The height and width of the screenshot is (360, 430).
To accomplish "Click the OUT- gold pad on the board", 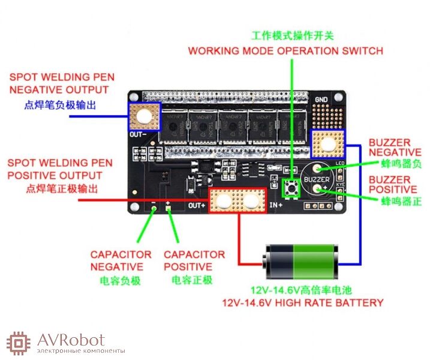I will coord(145,116).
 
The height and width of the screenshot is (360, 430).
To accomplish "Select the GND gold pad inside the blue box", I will coord(328,145).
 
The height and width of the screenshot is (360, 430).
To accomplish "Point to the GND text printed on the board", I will coord(321,100).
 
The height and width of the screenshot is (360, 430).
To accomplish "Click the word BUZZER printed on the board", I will coord(316,179).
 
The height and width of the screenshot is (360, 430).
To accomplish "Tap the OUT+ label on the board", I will coord(197,206).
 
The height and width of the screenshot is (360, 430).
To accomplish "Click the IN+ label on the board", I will coord(276,205).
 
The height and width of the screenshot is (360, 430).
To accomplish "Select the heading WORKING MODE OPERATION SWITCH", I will coord(285,50).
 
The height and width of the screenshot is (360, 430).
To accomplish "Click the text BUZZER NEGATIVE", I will coord(390,148).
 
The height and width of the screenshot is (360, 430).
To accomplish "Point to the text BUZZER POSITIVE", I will coord(390,185).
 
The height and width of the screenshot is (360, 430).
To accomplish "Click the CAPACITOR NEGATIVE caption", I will coord(121,260).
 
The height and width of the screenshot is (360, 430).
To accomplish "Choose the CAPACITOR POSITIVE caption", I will coord(194,260).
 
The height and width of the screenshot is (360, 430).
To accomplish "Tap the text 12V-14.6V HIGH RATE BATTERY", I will coord(302,302).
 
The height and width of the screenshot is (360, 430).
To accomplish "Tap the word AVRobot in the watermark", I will coord(70,340).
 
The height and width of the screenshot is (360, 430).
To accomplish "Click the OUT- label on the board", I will coord(137,135).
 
